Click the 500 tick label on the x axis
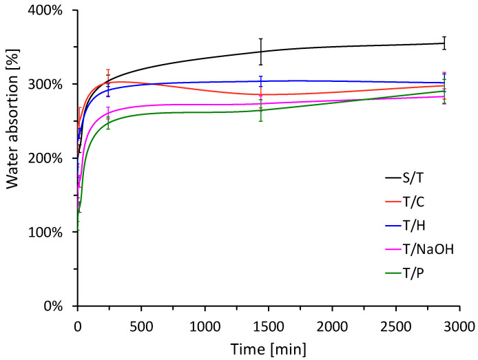click(x=141, y=324)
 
